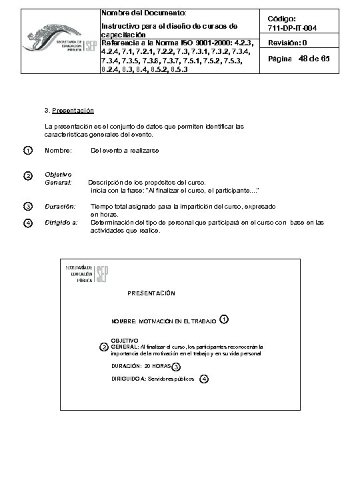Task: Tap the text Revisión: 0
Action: pos(287,43)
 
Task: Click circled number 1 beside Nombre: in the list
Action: pos(27,151)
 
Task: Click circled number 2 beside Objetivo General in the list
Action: pos(27,176)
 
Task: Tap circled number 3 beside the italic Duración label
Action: pos(27,207)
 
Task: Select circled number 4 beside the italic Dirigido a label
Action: pos(27,223)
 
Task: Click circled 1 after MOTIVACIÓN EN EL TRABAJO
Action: pos(224,319)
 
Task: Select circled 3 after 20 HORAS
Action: pos(176,367)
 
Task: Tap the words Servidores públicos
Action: pos(171,379)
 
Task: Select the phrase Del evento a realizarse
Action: pos(125,151)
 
